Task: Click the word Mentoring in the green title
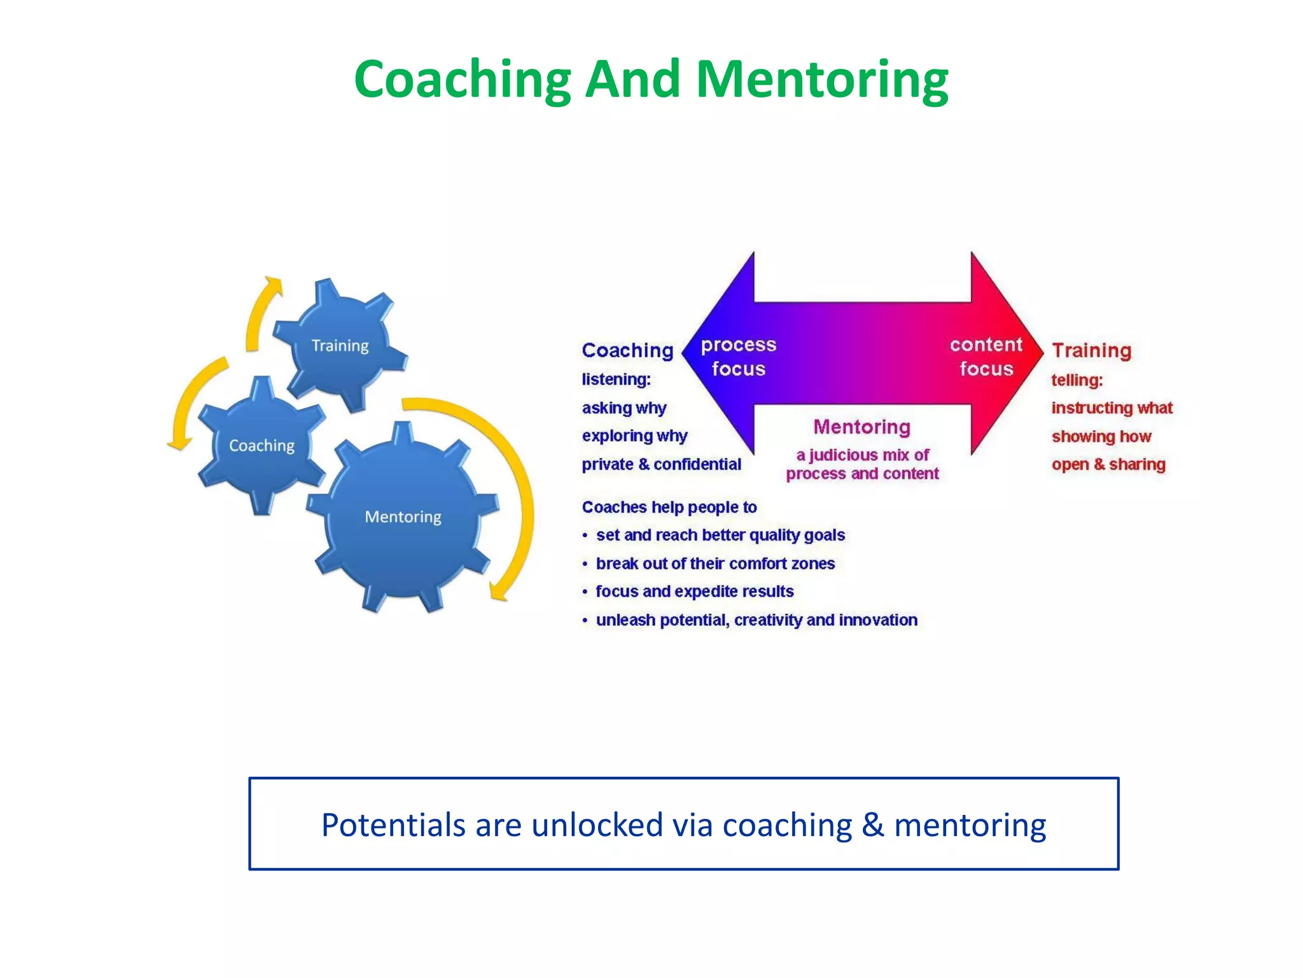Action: (x=821, y=80)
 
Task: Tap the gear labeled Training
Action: (x=340, y=346)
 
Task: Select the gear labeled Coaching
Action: (x=261, y=446)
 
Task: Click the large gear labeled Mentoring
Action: (x=403, y=517)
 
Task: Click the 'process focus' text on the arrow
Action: (x=738, y=357)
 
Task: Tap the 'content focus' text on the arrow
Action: (x=986, y=357)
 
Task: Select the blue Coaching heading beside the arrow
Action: (x=627, y=350)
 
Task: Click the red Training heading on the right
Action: (x=1091, y=350)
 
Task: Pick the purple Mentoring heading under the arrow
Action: (x=861, y=427)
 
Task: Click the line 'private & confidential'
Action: (x=661, y=464)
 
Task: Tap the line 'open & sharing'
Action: (x=1108, y=464)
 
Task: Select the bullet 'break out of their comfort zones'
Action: (x=714, y=563)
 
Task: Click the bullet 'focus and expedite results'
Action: (x=694, y=592)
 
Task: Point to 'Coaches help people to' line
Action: (x=669, y=507)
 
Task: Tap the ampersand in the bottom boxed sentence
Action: (x=873, y=825)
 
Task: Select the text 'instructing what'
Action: (x=1111, y=408)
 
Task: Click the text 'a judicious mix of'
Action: (x=862, y=455)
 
